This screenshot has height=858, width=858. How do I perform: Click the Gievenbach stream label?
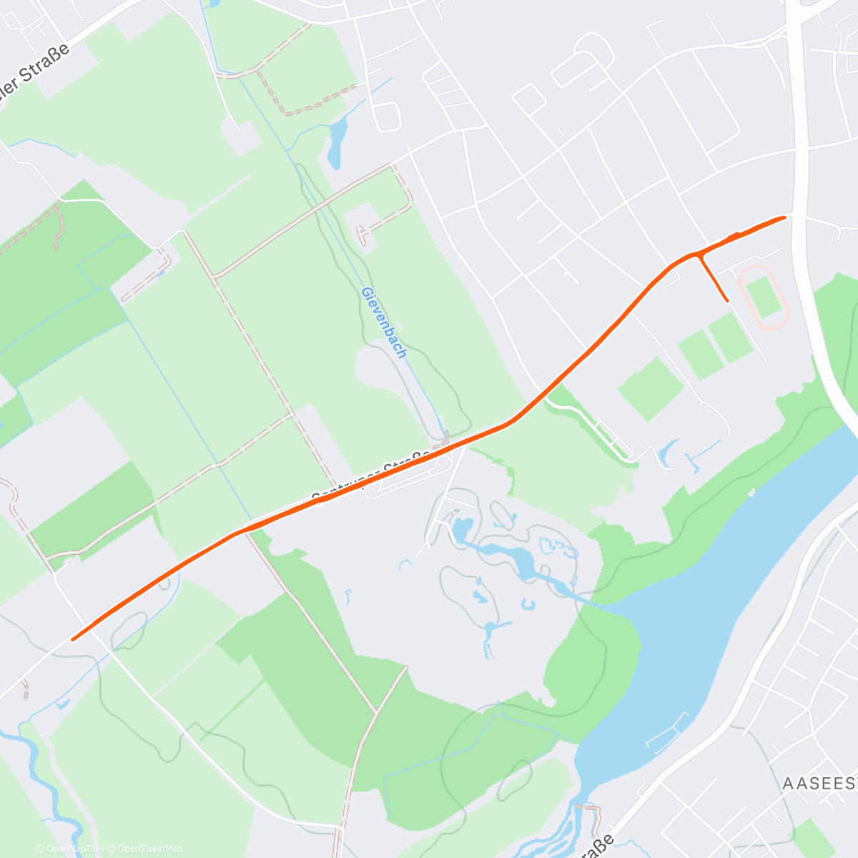[x=384, y=322]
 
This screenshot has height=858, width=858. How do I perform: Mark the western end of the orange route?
[x=73, y=639]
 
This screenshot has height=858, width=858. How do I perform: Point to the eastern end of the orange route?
[x=785, y=217]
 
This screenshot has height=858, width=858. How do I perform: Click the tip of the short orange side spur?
[x=727, y=301]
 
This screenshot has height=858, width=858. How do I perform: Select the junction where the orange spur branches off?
[x=699, y=255]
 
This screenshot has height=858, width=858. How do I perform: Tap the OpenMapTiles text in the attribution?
[x=75, y=849]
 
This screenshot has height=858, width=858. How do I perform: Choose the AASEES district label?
[x=819, y=784]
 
